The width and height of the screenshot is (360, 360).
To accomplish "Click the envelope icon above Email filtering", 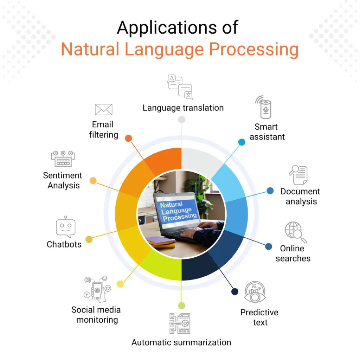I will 104,110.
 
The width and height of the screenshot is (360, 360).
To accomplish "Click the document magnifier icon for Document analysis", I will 298,175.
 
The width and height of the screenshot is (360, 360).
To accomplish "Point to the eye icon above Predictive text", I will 255,292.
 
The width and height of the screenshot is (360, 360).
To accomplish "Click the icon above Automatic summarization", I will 180,323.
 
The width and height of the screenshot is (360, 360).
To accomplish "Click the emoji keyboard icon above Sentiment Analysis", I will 63,159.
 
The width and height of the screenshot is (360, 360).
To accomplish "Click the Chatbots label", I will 64,244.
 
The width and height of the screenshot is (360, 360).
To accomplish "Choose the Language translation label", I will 183,108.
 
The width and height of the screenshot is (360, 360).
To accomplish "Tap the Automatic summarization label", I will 181,342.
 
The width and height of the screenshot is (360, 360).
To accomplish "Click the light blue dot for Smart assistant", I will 242,142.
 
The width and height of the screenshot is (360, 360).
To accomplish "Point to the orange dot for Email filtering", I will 129,138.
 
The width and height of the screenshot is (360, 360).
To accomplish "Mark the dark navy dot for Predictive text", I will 234,291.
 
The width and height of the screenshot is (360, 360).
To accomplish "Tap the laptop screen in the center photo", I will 178,211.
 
